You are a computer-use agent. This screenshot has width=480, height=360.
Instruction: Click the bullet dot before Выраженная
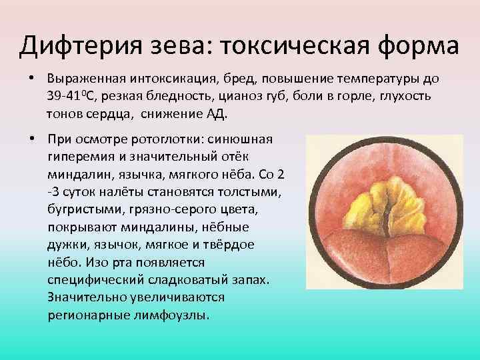click(x=31, y=79)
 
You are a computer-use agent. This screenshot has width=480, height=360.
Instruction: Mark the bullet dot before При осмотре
click(x=31, y=139)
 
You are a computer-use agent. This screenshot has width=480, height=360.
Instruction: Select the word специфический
click(x=89, y=278)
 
